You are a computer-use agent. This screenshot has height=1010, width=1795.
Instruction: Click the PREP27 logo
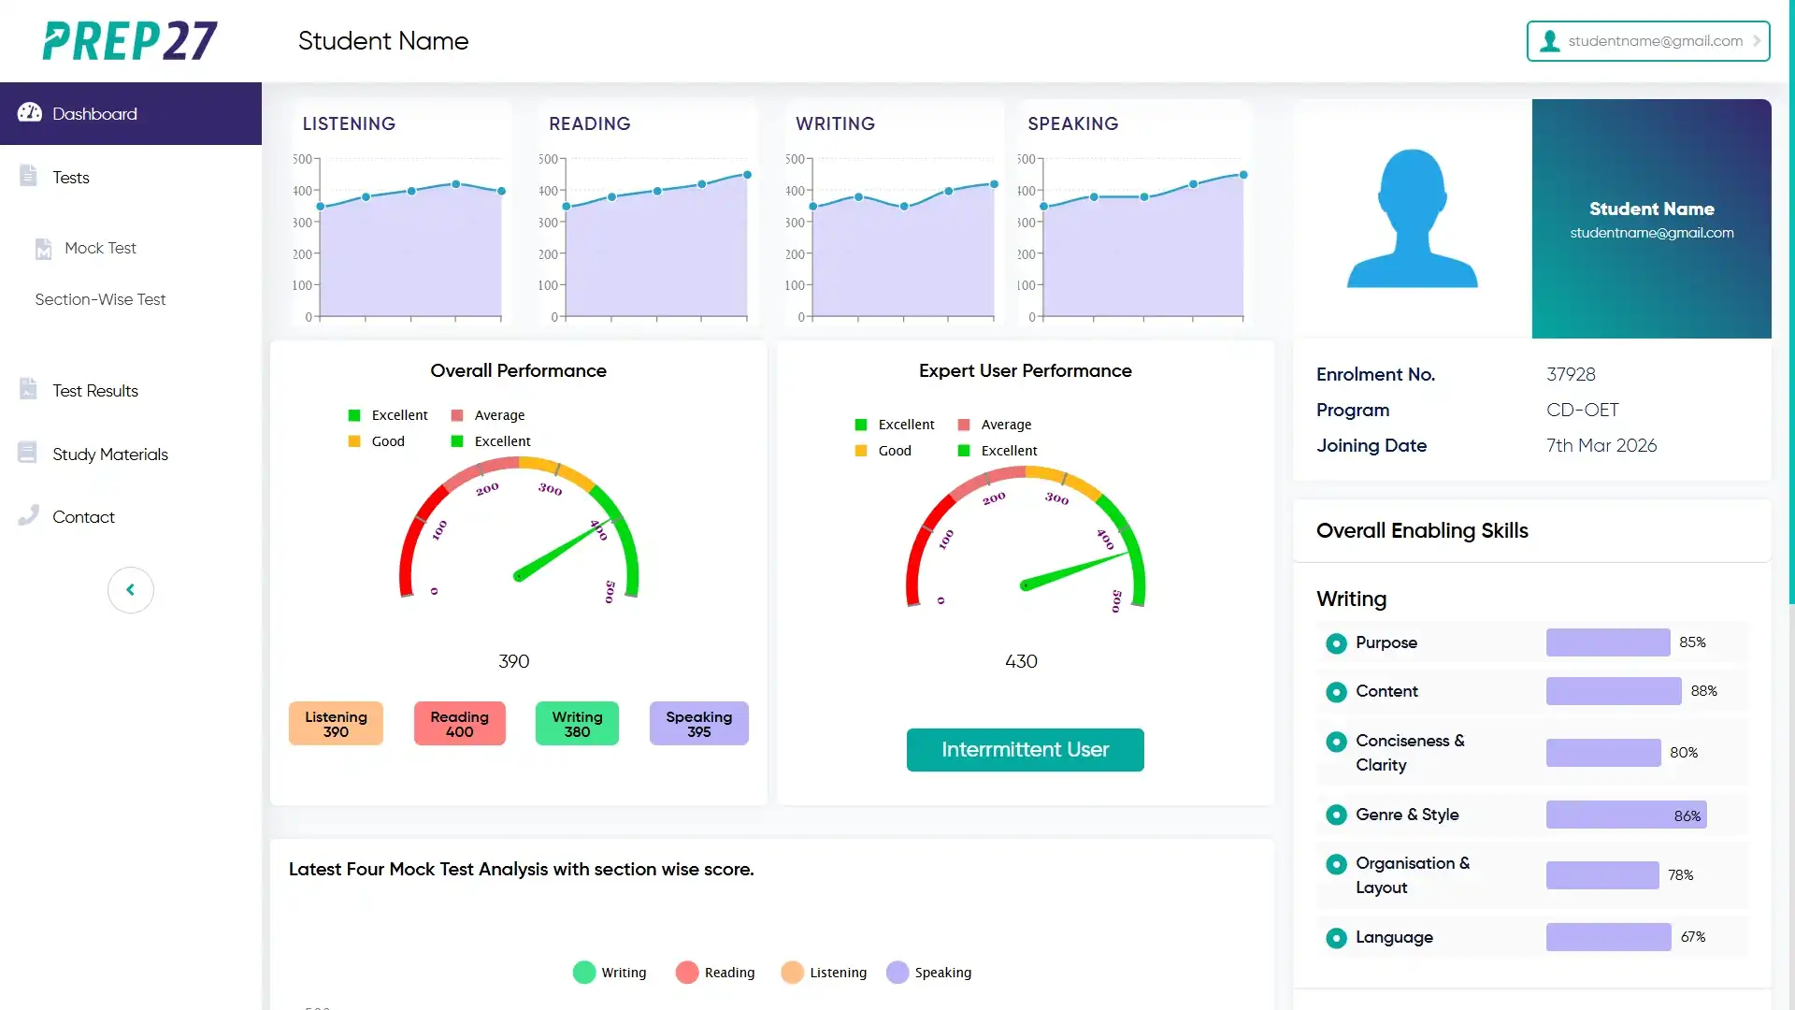130,41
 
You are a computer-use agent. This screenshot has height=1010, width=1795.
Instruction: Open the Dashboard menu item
94,114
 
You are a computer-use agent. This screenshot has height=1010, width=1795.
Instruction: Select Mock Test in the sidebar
100,248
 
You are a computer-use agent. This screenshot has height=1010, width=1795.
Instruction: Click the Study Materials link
109,454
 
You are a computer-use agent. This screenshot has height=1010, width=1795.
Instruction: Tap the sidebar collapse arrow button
131,590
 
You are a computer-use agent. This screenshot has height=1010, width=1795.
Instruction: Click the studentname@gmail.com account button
1647,41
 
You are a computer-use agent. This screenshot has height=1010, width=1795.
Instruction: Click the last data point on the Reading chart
747,175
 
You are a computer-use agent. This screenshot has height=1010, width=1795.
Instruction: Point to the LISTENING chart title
349,123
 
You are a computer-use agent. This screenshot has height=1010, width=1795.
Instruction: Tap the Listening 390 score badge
336,724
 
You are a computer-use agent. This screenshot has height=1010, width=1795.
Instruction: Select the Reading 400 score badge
459,724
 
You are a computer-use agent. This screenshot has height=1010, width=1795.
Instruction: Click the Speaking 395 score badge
698,724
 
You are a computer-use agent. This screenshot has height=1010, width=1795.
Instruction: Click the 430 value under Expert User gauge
1021,662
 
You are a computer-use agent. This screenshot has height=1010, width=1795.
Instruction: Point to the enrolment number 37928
1571,375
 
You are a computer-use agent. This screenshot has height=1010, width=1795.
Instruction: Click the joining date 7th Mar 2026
1601,446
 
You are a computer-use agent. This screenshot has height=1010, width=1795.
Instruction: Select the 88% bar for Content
1613,691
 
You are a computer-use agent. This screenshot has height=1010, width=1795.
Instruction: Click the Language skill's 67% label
1692,937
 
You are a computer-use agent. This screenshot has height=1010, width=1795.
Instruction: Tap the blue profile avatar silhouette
1412,220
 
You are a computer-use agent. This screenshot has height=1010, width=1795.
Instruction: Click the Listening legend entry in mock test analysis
825,973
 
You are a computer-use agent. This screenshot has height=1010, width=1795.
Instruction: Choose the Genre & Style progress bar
1625,815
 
